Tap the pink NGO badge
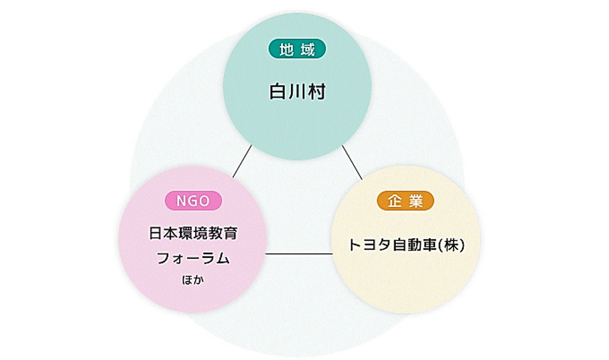pyautogui.click(x=193, y=201)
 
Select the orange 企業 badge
pyautogui.click(x=405, y=201)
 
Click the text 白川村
pyautogui.click(x=297, y=92)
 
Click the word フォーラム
pyautogui.click(x=193, y=259)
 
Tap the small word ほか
pyautogui.click(x=193, y=280)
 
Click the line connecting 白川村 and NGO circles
pyautogui.click(x=242, y=161)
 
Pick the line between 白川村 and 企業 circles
pyautogui.click(x=352, y=162)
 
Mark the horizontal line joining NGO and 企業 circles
pyautogui.click(x=299, y=254)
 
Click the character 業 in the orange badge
pyautogui.click(x=416, y=201)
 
